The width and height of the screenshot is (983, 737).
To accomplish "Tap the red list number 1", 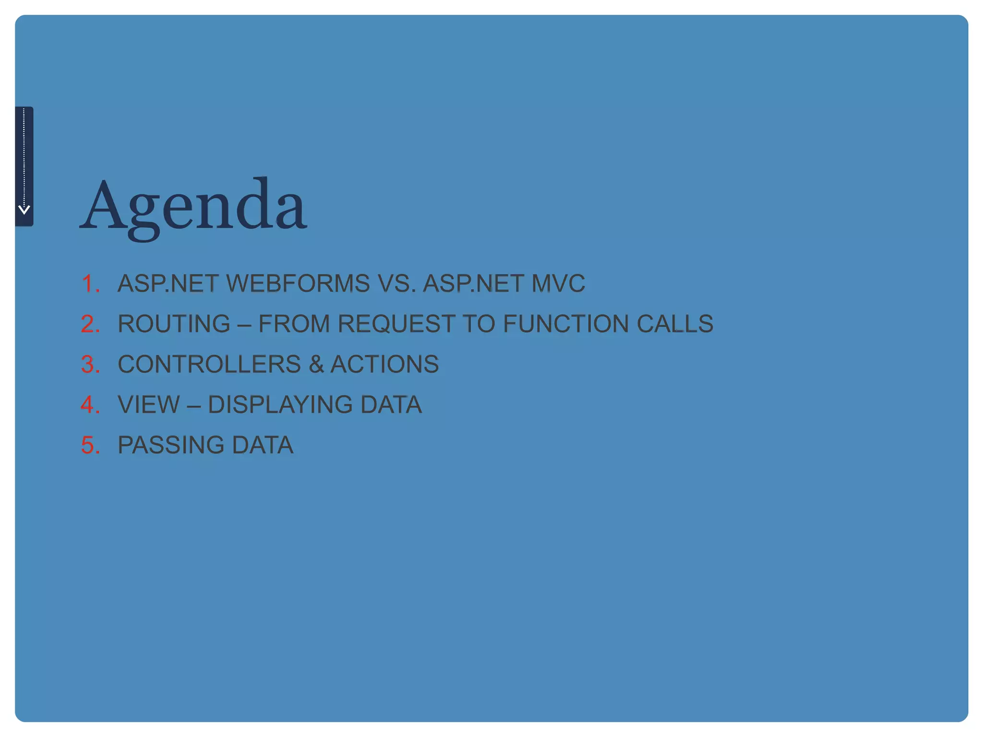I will pos(90,284).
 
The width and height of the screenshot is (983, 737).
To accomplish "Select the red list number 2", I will pos(90,324).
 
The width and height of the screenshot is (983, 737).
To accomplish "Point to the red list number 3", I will pos(90,364).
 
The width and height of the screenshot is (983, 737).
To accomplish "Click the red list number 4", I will pos(90,404).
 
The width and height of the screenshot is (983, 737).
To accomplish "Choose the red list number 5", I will pos(90,445).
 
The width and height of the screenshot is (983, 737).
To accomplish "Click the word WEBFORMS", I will pos(298,284).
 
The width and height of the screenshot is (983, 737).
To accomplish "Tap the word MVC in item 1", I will pos(558,284).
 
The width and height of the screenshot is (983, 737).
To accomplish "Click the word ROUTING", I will pos(174,324).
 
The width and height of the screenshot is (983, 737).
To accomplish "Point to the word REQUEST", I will pos(396,324).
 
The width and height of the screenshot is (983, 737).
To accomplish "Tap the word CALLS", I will pos(675,324).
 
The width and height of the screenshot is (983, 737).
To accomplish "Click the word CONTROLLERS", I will pos(209,364).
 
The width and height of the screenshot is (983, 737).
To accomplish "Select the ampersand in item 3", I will pos(316,364).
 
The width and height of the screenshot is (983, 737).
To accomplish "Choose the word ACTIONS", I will pos(384,364).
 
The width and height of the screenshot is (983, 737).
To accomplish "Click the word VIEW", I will pos(149,404).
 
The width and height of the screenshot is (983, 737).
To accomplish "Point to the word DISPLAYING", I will pos(280,404).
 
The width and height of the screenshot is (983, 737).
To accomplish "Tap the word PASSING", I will pos(170,445).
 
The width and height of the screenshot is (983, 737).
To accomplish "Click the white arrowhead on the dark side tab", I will pos(24,209).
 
